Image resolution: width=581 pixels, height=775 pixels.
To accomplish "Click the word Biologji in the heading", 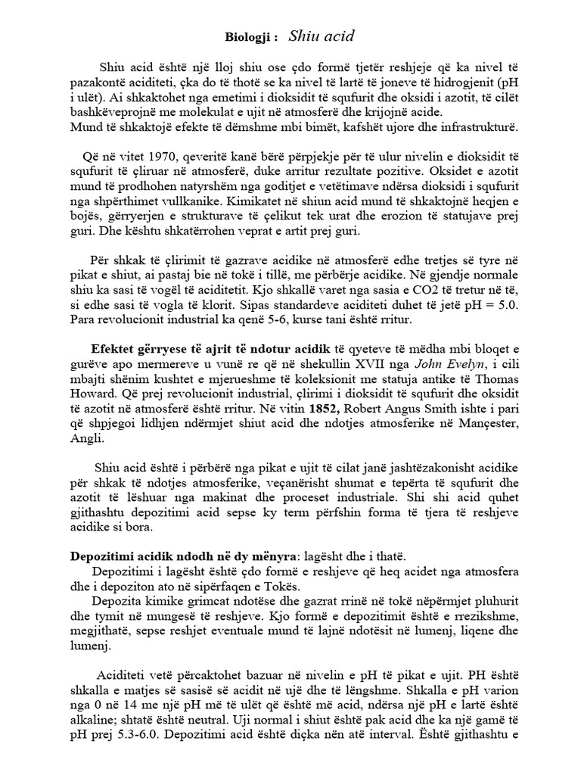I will click(247, 36).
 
